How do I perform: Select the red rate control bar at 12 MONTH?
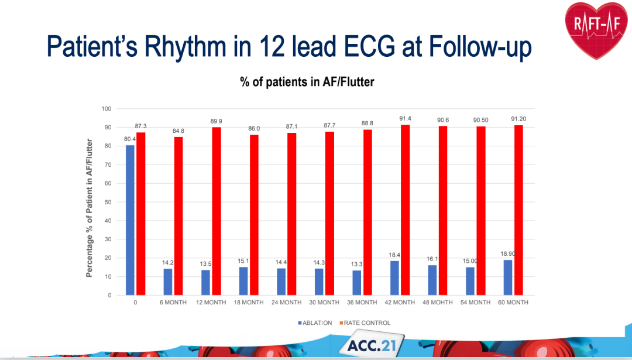217,211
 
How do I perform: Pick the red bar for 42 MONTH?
406,210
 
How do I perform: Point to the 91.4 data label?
405,119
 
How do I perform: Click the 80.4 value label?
130,139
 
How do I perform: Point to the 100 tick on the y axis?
106,109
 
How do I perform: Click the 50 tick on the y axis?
108,202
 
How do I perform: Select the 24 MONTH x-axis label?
287,303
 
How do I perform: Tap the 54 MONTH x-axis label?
476,303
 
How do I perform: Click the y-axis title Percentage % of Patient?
90,208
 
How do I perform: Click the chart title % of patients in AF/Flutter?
307,83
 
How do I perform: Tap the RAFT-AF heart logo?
597,29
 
